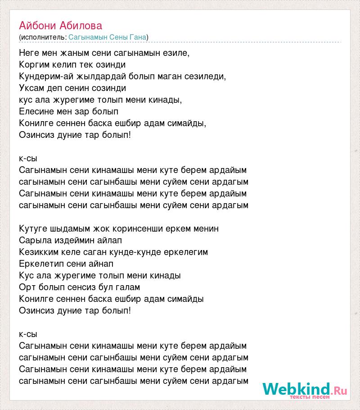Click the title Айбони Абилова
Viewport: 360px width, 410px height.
click(61, 25)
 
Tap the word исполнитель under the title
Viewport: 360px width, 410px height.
click(43, 37)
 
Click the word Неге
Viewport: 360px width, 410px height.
click(30, 53)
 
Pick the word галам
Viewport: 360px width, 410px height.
click(128, 287)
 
